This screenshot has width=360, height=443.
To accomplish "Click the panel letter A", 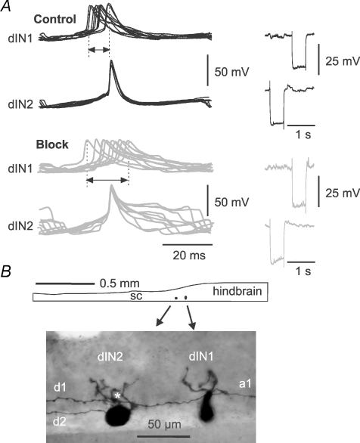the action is coord(5,6).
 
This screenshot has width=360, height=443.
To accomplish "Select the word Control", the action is coord(55,19).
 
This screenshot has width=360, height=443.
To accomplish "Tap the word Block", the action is coord(52,144).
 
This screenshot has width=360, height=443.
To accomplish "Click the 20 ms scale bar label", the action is coord(189,256).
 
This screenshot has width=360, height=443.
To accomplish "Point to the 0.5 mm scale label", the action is coord(119,283).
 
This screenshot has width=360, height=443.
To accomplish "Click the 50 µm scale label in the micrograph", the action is coord(164,424).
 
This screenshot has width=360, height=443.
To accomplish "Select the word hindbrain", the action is coord(237,291).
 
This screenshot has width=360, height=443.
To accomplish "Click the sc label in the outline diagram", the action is coord(136,296).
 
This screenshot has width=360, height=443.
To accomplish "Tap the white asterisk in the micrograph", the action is coord(117,396).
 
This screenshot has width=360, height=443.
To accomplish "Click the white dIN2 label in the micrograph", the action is coord(110,357).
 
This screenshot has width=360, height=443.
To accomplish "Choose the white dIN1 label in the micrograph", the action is coord(201,357).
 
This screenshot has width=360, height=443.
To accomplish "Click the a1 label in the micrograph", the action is coord(245,384).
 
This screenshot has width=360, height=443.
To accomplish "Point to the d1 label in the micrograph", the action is coord(60,387).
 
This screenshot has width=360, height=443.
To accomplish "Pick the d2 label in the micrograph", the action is coord(60,422).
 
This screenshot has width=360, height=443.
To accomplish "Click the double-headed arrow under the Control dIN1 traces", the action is coord(99,50).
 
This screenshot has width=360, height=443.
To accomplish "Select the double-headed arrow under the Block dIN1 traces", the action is coord(107,180).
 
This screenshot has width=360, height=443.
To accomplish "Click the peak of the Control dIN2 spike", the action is coord(111,60).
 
